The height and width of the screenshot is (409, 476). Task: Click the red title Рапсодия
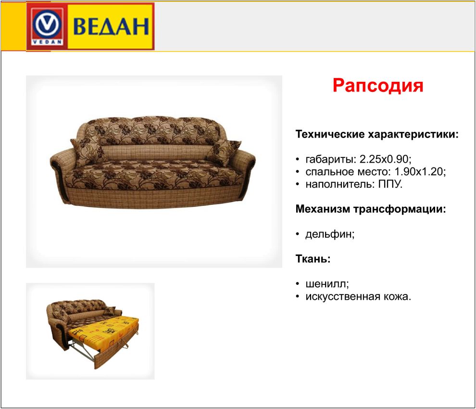click(x=378, y=85)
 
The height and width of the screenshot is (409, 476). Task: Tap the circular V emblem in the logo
click(x=47, y=24)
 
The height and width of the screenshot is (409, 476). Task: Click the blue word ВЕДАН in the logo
click(x=111, y=26)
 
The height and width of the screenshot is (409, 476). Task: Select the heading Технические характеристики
click(x=377, y=134)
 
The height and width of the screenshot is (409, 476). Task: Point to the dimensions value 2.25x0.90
click(x=385, y=159)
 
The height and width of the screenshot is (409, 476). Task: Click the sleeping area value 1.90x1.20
click(x=420, y=172)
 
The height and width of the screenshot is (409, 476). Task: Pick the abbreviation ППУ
click(x=390, y=184)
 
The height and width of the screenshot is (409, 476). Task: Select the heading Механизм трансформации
click(x=371, y=209)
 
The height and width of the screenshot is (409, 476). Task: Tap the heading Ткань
click(x=313, y=259)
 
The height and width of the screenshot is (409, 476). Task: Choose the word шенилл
click(x=327, y=284)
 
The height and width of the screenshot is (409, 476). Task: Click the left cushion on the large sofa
click(x=88, y=152)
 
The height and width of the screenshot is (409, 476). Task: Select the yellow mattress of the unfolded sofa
click(x=105, y=331)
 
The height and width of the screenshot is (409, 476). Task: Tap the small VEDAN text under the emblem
click(x=47, y=42)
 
